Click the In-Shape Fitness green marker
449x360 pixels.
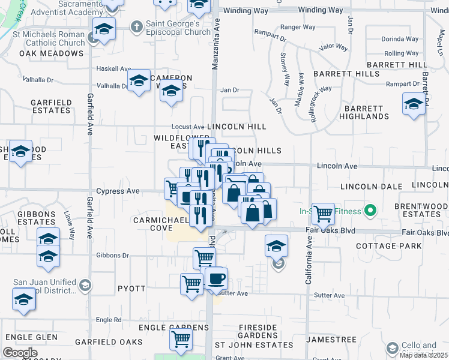coord(370,211)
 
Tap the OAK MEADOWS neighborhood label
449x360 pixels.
coord(51,53)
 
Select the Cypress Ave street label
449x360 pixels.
coord(119,191)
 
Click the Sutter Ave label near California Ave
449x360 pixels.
coord(330,295)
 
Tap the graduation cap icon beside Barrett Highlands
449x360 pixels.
coord(414,105)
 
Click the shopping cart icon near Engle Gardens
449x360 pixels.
coord(181,339)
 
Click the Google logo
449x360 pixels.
coord(20,353)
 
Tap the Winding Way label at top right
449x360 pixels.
coord(320,10)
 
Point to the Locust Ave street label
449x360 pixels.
coord(188,127)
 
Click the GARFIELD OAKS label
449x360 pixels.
coord(109,342)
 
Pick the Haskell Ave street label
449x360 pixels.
coord(113,69)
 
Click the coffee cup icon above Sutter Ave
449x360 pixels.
coord(216,278)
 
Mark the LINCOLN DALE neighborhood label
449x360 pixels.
coord(371,187)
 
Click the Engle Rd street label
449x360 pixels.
coord(109,320)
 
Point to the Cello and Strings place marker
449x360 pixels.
coord(392,348)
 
